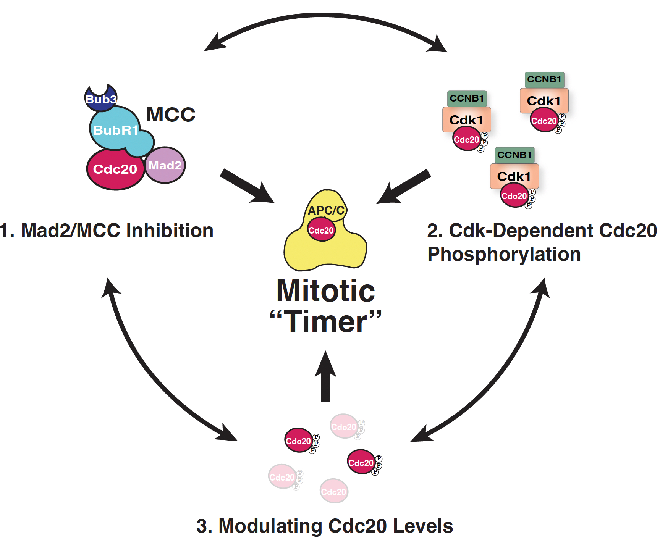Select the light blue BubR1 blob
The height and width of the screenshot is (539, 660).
[x=115, y=130]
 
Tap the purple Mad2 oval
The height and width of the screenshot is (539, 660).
[x=165, y=165]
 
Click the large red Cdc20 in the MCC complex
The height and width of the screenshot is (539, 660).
[x=115, y=169]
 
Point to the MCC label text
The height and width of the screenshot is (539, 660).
[x=171, y=115]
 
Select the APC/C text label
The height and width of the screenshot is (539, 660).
[x=326, y=210]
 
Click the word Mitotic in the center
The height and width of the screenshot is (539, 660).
[x=325, y=291]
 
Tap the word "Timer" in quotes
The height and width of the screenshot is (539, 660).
[x=325, y=322]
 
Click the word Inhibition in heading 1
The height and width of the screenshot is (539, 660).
[x=170, y=231]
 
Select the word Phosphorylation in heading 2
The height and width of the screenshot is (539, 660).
[x=504, y=254]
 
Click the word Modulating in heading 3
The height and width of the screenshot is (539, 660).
[x=270, y=526]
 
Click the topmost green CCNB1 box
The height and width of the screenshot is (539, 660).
[x=544, y=79]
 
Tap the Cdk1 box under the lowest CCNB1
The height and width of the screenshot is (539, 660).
[x=514, y=176]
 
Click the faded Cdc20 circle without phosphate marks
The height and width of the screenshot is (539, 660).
[x=334, y=491]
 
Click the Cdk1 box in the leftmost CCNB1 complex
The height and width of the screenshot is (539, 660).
[x=466, y=119]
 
